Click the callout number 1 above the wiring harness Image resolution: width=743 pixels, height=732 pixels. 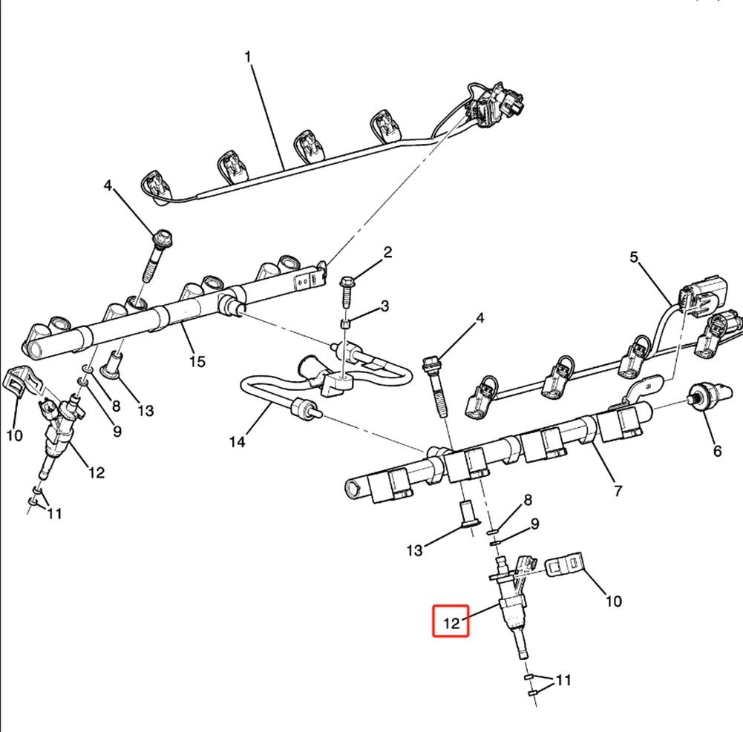(x=247, y=57)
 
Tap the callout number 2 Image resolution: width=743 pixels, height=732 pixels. (x=387, y=252)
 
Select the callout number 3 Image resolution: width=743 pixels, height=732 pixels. (x=384, y=306)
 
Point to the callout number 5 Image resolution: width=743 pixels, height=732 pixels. (x=634, y=257)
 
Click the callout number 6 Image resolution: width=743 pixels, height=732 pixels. (x=718, y=451)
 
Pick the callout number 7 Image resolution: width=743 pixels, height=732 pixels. (x=618, y=491)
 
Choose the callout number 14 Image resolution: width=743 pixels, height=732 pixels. (x=238, y=442)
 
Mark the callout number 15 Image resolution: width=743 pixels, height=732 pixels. (x=197, y=362)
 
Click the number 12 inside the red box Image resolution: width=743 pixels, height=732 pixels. (x=451, y=623)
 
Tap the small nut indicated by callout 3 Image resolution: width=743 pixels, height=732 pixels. (x=346, y=325)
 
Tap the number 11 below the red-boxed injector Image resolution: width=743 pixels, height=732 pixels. (x=563, y=680)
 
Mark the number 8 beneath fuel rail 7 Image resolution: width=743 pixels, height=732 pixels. (x=528, y=500)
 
